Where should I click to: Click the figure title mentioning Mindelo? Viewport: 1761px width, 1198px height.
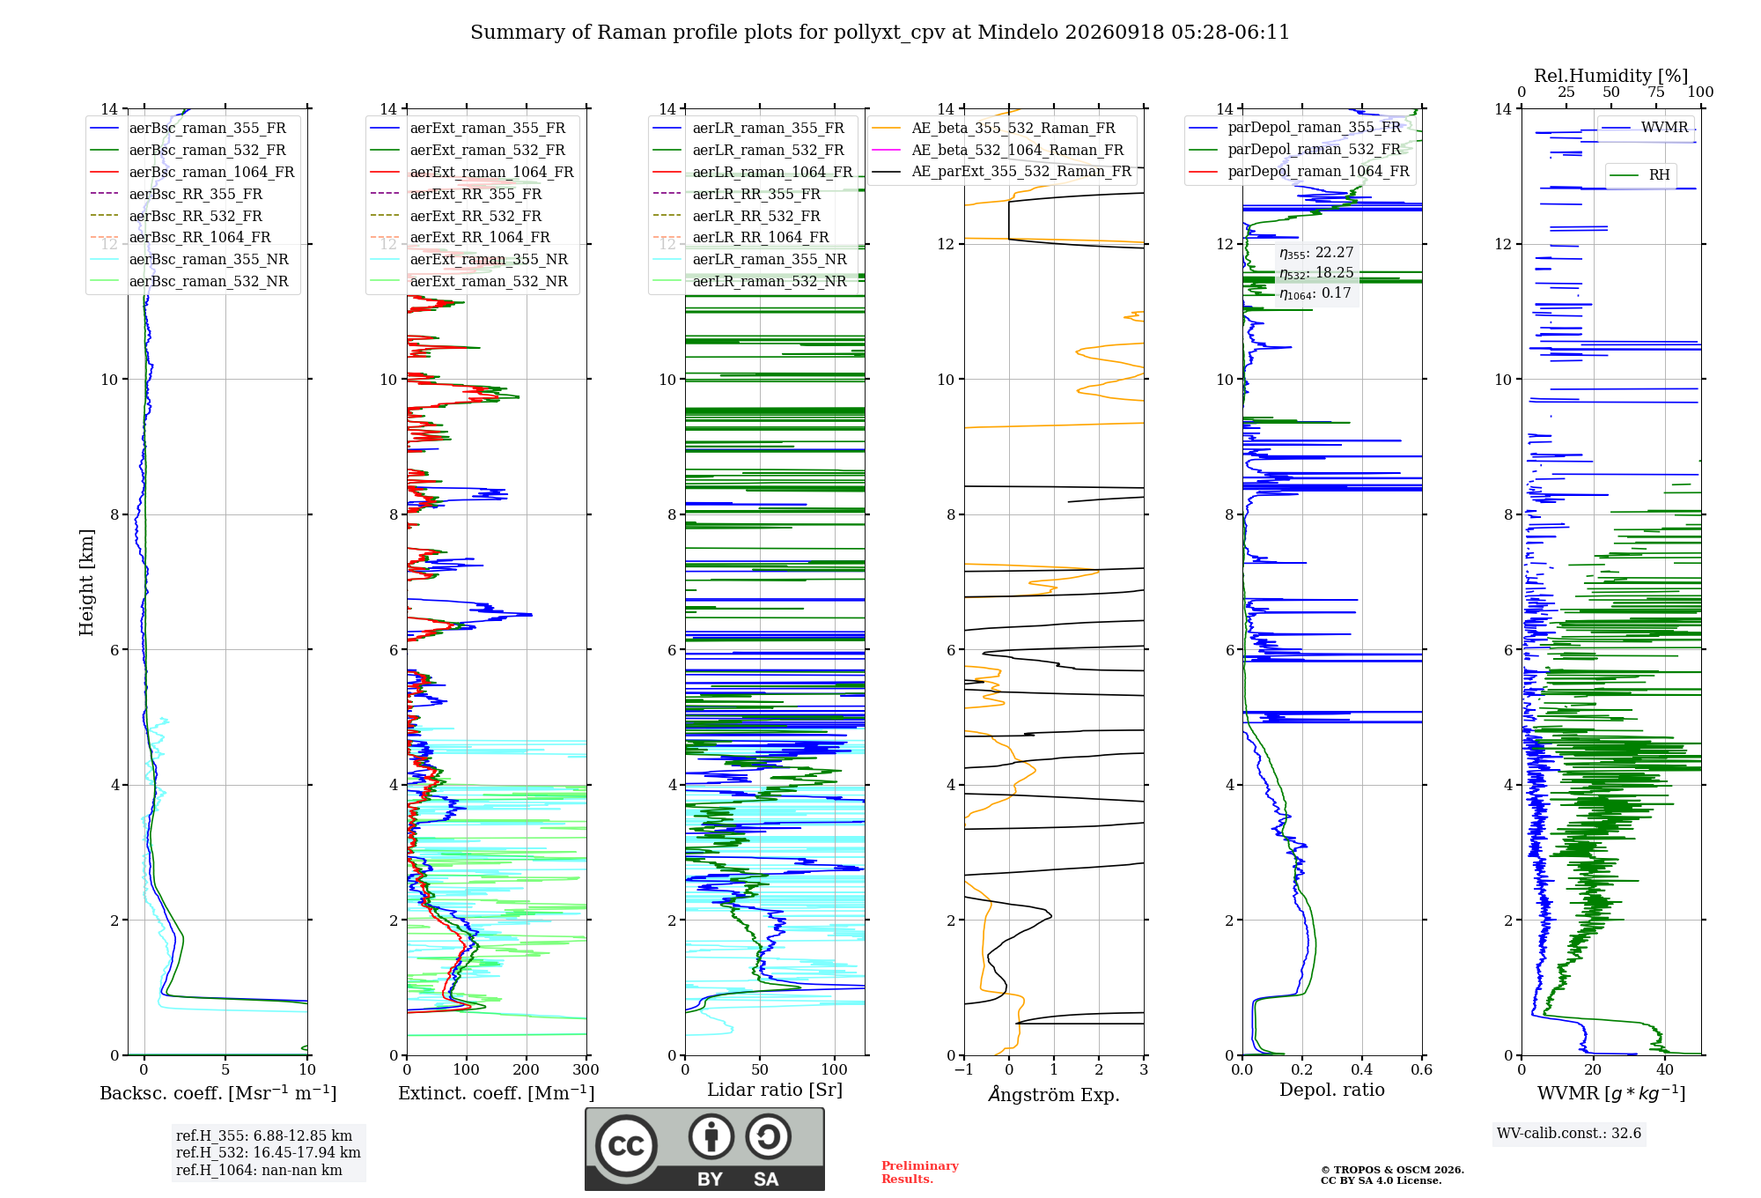(x=880, y=33)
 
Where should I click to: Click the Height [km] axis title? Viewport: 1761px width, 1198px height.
(x=86, y=582)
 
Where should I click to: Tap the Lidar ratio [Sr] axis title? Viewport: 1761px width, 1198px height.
(x=775, y=1090)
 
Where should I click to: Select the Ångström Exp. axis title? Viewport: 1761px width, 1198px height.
(x=1054, y=1094)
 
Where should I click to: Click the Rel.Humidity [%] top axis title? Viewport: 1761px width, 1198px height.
(x=1610, y=76)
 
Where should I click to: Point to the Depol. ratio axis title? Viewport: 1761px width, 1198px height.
(x=1332, y=1090)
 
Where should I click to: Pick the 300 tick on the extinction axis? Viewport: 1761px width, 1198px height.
(x=586, y=1070)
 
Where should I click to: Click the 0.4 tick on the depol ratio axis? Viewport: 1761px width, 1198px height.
(x=1362, y=1070)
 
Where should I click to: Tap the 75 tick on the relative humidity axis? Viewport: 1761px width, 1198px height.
(x=1656, y=92)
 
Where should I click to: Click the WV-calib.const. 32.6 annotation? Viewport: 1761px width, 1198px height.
(x=1569, y=1134)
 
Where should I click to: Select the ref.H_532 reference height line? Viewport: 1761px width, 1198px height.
(x=268, y=1153)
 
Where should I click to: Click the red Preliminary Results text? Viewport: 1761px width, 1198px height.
(x=919, y=1172)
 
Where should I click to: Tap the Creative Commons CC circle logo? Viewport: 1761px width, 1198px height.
(x=627, y=1146)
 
